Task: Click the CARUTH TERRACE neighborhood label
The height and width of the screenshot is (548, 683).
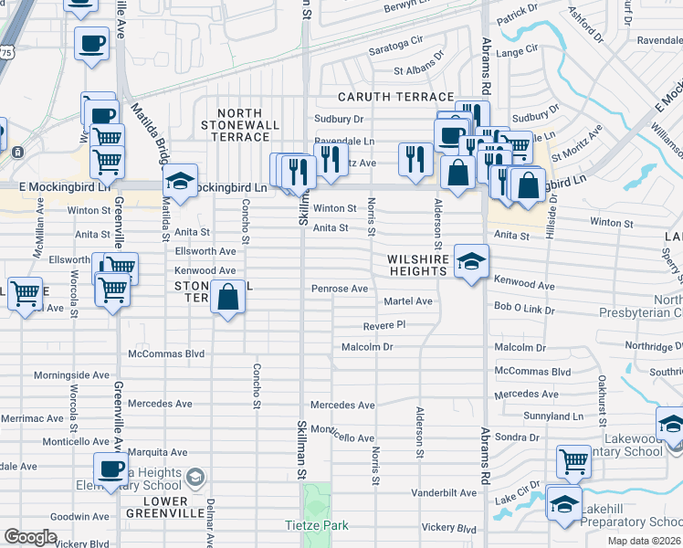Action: pyautogui.click(x=395, y=97)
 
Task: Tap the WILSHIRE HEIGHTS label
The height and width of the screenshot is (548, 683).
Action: pyautogui.click(x=419, y=265)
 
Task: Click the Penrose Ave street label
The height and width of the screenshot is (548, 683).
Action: pyautogui.click(x=339, y=289)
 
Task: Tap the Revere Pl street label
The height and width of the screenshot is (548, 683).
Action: pyautogui.click(x=384, y=325)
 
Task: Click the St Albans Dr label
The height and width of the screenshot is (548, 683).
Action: pyautogui.click(x=418, y=69)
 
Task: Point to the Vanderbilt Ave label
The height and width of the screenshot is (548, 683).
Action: pyautogui.click(x=444, y=493)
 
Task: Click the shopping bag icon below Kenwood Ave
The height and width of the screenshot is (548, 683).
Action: pyautogui.click(x=227, y=297)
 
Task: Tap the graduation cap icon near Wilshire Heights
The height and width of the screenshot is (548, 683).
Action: pyautogui.click(x=470, y=264)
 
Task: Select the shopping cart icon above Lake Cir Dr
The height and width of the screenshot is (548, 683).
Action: pyautogui.click(x=573, y=461)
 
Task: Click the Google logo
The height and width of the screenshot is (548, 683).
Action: pyautogui.click(x=30, y=538)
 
